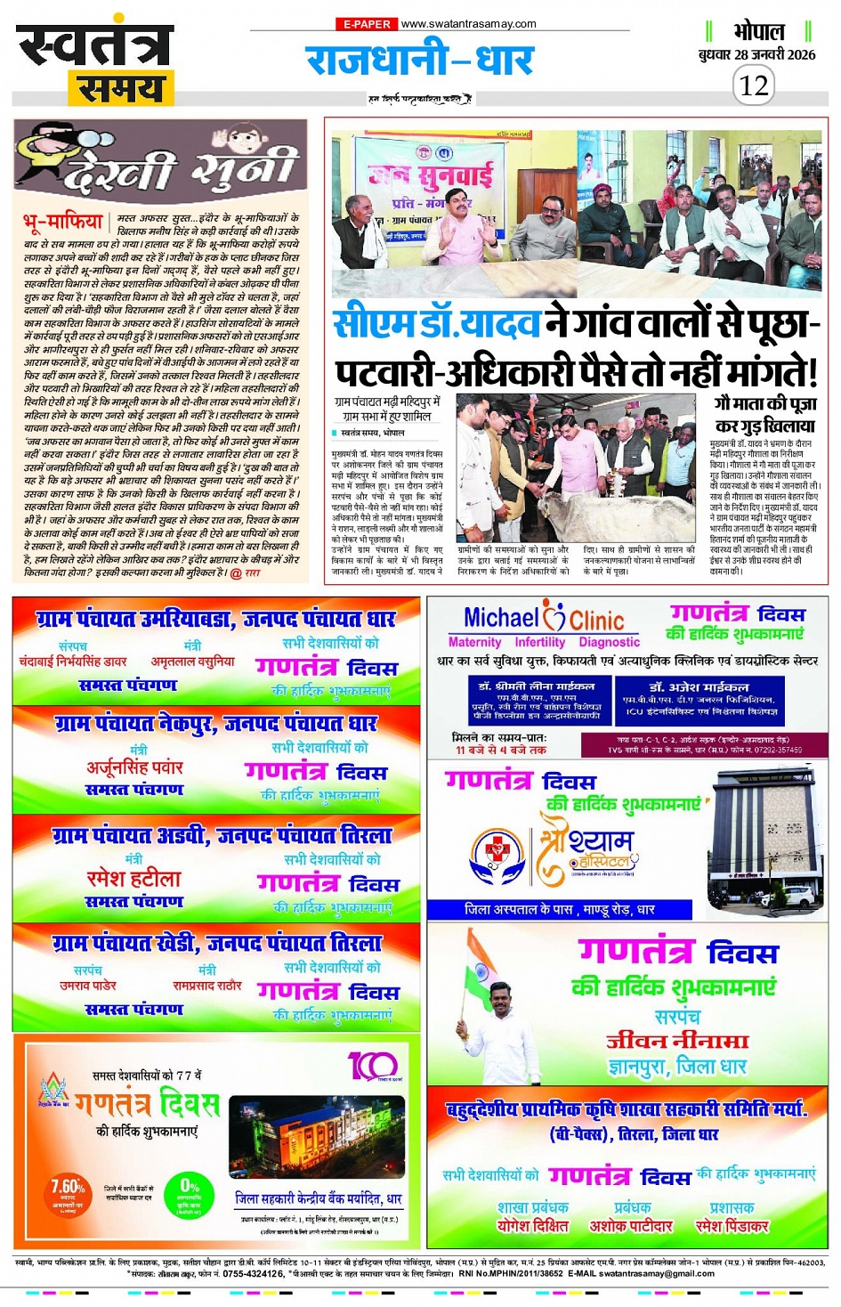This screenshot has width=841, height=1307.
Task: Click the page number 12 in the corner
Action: (754, 85)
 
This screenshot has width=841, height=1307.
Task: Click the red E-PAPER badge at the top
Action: (365, 24)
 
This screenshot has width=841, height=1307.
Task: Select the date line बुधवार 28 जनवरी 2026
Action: (756, 54)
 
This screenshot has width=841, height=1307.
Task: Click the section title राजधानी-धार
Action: (419, 59)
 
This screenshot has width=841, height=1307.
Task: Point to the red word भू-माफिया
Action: (63, 221)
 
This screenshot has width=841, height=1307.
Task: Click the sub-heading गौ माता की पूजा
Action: (765, 403)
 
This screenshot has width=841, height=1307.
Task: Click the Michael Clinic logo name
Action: (544, 618)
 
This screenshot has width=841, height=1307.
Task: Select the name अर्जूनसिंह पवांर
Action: (134, 767)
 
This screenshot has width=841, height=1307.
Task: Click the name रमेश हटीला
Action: (133, 879)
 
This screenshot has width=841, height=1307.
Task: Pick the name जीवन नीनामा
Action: (677, 1041)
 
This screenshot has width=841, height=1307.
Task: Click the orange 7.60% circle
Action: (68, 1193)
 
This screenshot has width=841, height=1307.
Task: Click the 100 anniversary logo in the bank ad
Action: (372, 1066)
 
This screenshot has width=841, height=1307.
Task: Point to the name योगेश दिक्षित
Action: (532, 1226)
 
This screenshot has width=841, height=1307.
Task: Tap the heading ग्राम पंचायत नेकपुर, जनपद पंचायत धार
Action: (216, 723)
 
